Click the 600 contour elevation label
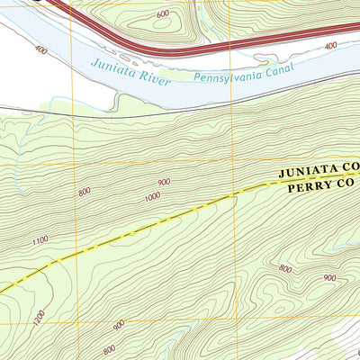coord(162,14)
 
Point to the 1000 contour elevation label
coord(151,196)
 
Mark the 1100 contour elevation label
coord(39,241)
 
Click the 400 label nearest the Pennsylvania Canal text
coord(330,45)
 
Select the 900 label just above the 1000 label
coord(164,182)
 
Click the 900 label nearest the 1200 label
coord(119,324)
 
